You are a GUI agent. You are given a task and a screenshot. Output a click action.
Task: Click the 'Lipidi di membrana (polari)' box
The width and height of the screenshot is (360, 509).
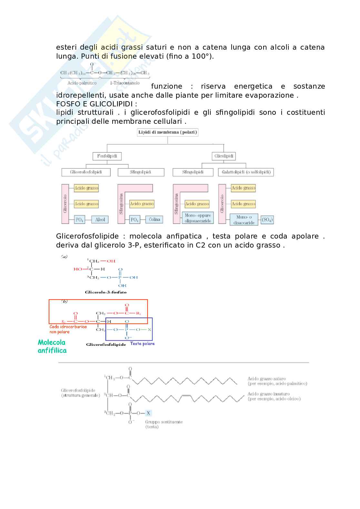click(167, 132)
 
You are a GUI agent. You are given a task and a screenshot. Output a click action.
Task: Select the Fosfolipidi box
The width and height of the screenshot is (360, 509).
click(107, 156)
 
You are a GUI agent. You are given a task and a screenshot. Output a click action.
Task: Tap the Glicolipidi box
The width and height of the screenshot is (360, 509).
click(224, 156)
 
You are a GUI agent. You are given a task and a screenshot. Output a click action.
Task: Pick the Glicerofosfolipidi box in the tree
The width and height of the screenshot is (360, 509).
click(86, 172)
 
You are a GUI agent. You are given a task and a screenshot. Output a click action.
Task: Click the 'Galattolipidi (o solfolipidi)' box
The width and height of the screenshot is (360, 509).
click(246, 172)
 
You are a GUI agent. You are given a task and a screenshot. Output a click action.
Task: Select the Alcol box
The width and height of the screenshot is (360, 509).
click(100, 220)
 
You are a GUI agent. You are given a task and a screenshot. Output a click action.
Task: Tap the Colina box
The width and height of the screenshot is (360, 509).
click(154, 220)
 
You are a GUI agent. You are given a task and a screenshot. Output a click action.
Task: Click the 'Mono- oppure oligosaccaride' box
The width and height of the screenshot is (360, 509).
click(198, 218)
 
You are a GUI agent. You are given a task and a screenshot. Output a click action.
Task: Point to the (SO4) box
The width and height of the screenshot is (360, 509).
click(267, 220)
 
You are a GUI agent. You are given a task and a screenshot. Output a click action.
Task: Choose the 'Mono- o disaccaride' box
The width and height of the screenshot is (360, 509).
click(244, 220)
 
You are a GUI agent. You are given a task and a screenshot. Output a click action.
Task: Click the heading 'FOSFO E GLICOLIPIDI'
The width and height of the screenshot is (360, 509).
click(96, 104)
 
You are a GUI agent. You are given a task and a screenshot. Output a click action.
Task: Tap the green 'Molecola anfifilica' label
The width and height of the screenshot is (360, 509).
click(52, 346)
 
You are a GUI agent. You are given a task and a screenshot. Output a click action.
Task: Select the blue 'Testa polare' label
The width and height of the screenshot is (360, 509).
click(142, 344)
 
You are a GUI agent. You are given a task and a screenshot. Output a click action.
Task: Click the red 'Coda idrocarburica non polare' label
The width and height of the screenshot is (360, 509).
click(68, 329)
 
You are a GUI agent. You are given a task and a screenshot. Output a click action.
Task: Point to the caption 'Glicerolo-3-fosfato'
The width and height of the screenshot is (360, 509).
click(105, 292)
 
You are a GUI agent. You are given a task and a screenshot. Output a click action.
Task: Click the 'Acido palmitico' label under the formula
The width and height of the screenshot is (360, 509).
click(82, 83)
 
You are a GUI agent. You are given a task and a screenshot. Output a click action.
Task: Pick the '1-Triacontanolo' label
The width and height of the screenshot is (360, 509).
click(125, 83)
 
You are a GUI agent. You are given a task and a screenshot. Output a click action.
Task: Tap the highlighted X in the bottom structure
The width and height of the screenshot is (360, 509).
click(148, 413)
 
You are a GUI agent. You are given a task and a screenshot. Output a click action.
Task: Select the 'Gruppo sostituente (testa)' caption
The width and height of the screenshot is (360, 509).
click(164, 424)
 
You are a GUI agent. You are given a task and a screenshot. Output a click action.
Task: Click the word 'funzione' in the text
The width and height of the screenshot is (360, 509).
click(166, 86)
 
